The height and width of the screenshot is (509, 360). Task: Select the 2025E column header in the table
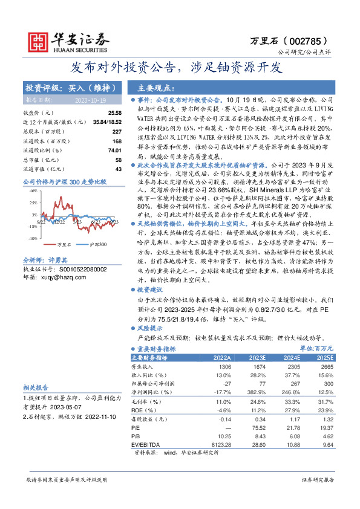point(324,357)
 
